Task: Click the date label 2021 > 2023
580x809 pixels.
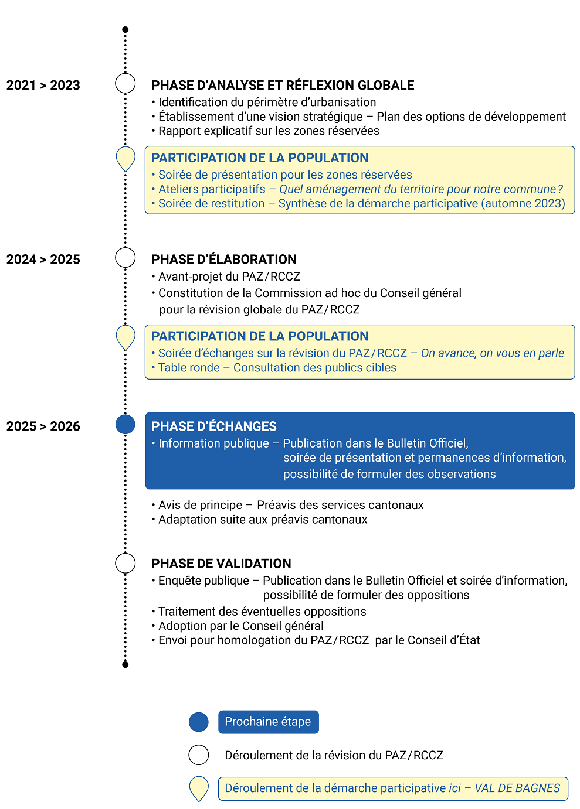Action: [43, 85]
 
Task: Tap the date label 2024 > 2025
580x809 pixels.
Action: [43, 259]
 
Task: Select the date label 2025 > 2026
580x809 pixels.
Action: [43, 426]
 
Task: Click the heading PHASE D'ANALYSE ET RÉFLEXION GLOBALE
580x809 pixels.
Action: [283, 85]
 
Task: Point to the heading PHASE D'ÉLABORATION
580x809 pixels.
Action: [223, 259]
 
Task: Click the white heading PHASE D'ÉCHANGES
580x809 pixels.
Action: [213, 426]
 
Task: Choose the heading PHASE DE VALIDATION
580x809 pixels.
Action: [221, 564]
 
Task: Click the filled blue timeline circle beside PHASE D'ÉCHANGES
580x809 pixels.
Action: [125, 424]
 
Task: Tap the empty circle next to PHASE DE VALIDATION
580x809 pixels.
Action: [125, 563]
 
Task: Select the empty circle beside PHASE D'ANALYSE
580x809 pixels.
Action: [125, 83]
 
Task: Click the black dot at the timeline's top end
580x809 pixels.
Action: [125, 29]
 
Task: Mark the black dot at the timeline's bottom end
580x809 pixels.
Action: [125, 664]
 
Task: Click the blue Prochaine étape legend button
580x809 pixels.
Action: [268, 722]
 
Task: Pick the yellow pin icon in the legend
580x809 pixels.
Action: [199, 787]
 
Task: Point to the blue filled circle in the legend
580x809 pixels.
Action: [199, 722]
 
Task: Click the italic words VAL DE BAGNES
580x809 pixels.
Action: [517, 788]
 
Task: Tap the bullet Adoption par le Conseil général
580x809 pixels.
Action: [240, 626]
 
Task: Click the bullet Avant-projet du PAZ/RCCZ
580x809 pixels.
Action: [229, 277]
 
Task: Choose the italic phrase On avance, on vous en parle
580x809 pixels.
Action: [493, 353]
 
